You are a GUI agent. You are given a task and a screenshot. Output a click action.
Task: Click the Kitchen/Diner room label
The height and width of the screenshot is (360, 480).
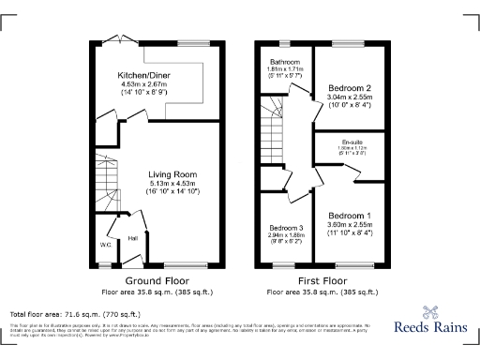click(x=137, y=74)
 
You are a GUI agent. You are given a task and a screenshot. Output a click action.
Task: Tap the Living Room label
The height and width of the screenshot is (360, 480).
click(x=172, y=173)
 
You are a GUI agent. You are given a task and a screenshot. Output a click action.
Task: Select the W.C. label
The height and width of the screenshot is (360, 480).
click(x=105, y=247)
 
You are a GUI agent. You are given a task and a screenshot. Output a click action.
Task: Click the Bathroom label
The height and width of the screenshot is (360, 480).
click(x=279, y=62)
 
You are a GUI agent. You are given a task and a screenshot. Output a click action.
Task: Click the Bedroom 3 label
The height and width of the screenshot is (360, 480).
click(x=286, y=228)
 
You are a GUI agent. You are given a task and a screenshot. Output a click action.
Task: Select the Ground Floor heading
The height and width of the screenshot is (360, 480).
click(x=157, y=280)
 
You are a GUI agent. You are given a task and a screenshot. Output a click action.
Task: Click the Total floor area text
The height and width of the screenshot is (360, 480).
click(x=66, y=312)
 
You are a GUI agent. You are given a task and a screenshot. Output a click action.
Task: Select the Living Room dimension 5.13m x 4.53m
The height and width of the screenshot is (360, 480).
click(x=172, y=182)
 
